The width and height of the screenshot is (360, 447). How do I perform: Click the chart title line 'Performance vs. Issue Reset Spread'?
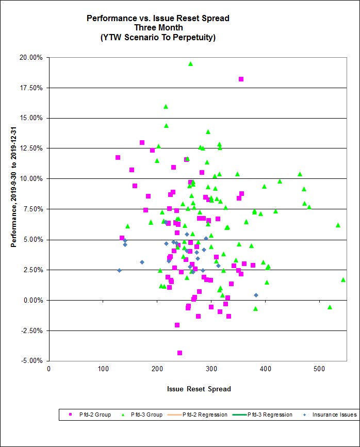[x=158, y=19]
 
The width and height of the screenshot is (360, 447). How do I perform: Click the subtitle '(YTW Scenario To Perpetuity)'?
[x=158, y=37]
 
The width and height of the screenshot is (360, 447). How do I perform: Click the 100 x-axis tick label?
[x=103, y=369]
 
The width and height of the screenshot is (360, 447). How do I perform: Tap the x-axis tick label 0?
[x=49, y=369]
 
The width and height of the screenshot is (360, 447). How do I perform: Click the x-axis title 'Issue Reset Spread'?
[x=199, y=389]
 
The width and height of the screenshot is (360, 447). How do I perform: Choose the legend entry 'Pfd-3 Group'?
[x=146, y=415]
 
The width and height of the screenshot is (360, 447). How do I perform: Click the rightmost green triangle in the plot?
[x=343, y=279]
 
